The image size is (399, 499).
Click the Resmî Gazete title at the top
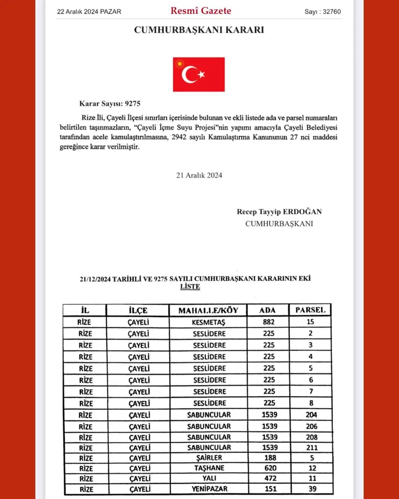point(201,10)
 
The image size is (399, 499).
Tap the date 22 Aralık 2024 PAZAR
point(89,11)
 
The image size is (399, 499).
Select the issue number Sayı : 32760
point(323,11)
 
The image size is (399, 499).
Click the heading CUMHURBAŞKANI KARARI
point(199,30)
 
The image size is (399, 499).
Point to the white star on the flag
point(201,74)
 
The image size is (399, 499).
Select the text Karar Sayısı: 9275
point(110,104)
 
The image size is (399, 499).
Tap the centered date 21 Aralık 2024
point(199,175)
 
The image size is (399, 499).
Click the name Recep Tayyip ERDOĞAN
point(279,212)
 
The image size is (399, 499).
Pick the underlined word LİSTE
point(190,287)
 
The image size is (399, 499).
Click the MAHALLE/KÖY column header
point(208,310)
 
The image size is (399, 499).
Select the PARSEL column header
point(310,310)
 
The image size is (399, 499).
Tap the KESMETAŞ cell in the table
point(208,322)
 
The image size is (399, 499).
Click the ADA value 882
point(269,322)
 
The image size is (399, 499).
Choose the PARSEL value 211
point(311,448)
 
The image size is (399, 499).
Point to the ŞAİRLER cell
point(208,458)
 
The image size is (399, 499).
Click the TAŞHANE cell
point(208,469)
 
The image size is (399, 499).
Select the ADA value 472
point(269,479)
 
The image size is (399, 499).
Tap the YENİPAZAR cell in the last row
point(208,490)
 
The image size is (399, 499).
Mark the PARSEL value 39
point(311,490)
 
